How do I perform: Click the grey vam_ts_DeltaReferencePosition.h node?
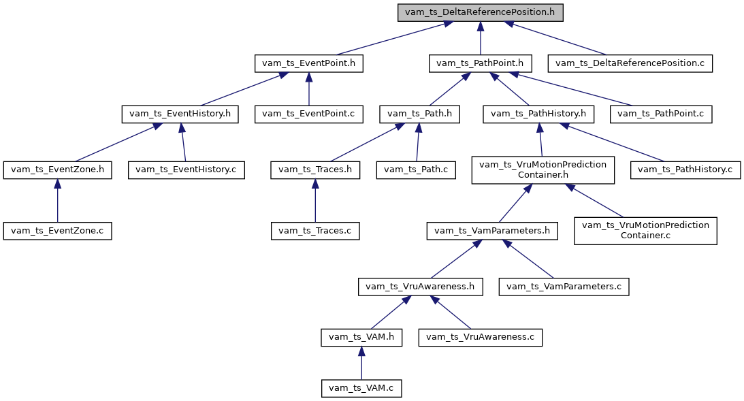point(480,12)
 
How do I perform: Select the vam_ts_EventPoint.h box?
point(308,63)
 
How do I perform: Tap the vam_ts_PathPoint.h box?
point(480,63)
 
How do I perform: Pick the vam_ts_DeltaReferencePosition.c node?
point(630,63)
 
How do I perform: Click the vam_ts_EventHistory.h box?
point(180,114)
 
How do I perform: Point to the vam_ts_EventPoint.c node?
point(308,114)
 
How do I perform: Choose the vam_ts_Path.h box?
point(419,114)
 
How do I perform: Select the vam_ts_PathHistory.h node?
point(538,114)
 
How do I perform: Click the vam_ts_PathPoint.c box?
point(661,114)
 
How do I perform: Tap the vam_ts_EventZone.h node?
point(57,170)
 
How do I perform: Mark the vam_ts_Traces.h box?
point(315,170)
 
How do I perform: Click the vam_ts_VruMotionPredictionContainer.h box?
point(543,170)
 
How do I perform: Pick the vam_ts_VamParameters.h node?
point(492,231)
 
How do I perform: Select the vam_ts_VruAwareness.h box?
point(420,287)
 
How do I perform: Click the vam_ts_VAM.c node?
point(361,388)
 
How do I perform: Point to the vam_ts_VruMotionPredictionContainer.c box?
point(645,231)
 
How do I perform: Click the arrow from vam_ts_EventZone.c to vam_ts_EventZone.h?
point(57,201)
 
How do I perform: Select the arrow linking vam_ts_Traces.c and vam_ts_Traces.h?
point(315,201)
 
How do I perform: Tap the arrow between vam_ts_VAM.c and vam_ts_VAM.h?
point(361,363)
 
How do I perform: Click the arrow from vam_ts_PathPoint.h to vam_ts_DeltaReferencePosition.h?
point(480,38)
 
